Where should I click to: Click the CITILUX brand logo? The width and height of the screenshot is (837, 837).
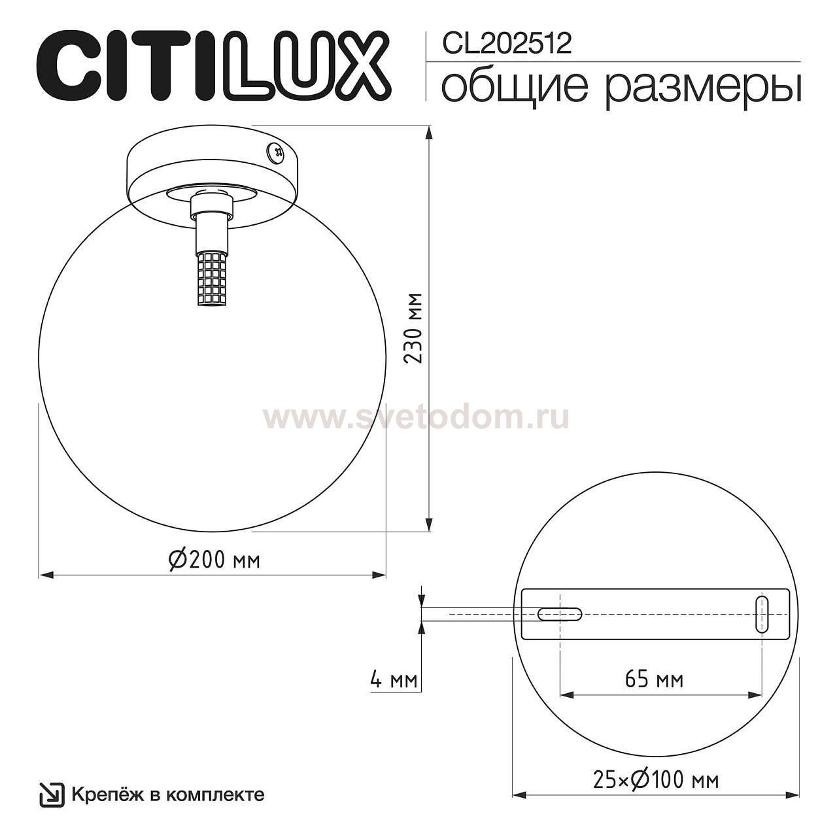[213, 64]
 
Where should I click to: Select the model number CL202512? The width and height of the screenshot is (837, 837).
[507, 43]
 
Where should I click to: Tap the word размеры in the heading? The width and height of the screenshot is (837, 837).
[702, 89]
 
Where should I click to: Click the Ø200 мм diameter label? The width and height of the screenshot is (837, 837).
[214, 560]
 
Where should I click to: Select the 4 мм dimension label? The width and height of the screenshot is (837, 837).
[394, 680]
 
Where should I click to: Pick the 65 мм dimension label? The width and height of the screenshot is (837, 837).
[654, 680]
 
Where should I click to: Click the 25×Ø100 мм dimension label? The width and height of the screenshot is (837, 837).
[655, 780]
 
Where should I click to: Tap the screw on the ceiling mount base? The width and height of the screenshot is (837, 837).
[275, 152]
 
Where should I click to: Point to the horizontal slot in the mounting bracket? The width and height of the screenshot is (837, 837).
[560, 614]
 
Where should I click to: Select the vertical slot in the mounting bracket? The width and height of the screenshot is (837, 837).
[762, 614]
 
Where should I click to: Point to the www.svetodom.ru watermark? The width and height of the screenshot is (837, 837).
[416, 417]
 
